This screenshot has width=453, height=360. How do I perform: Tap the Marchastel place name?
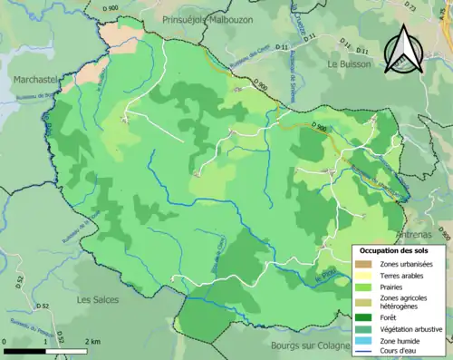coord(34,80)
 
